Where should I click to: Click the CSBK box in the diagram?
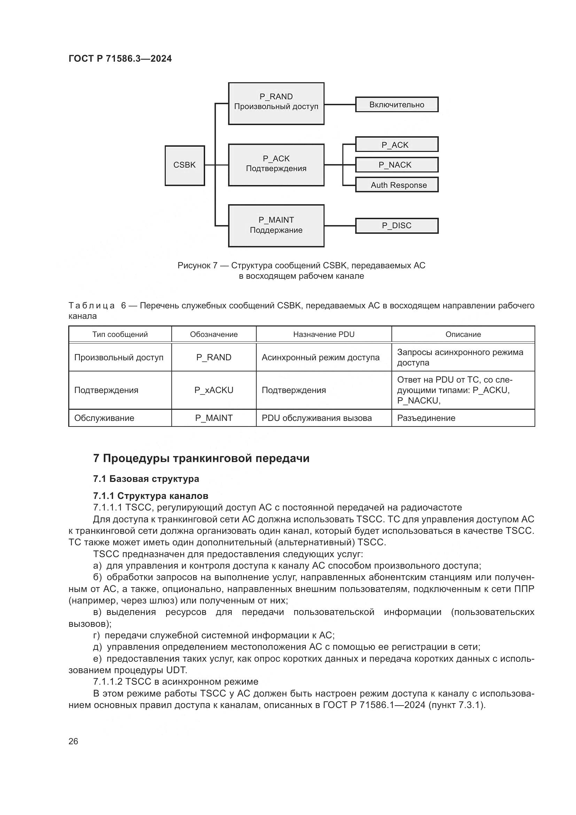[185, 166]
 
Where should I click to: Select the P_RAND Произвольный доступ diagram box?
[276, 103]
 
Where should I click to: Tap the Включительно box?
[397, 105]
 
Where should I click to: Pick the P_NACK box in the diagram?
[397, 165]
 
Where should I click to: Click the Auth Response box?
[397, 185]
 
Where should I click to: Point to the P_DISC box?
[397, 226]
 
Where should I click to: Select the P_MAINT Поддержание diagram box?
[276, 225]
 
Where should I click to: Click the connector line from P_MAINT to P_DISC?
[340, 225]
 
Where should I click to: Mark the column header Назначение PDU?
[324, 335]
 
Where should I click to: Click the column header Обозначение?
[213, 335]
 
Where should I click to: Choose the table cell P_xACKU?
[213, 390]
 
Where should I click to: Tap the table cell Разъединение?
[426, 418]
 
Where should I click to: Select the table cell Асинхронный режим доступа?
[320, 357]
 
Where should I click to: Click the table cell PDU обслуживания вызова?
[316, 418]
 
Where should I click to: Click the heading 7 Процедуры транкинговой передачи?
[201, 459]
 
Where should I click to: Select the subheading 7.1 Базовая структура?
[146, 479]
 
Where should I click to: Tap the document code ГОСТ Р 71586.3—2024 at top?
[120, 59]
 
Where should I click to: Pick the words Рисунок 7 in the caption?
[197, 266]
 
